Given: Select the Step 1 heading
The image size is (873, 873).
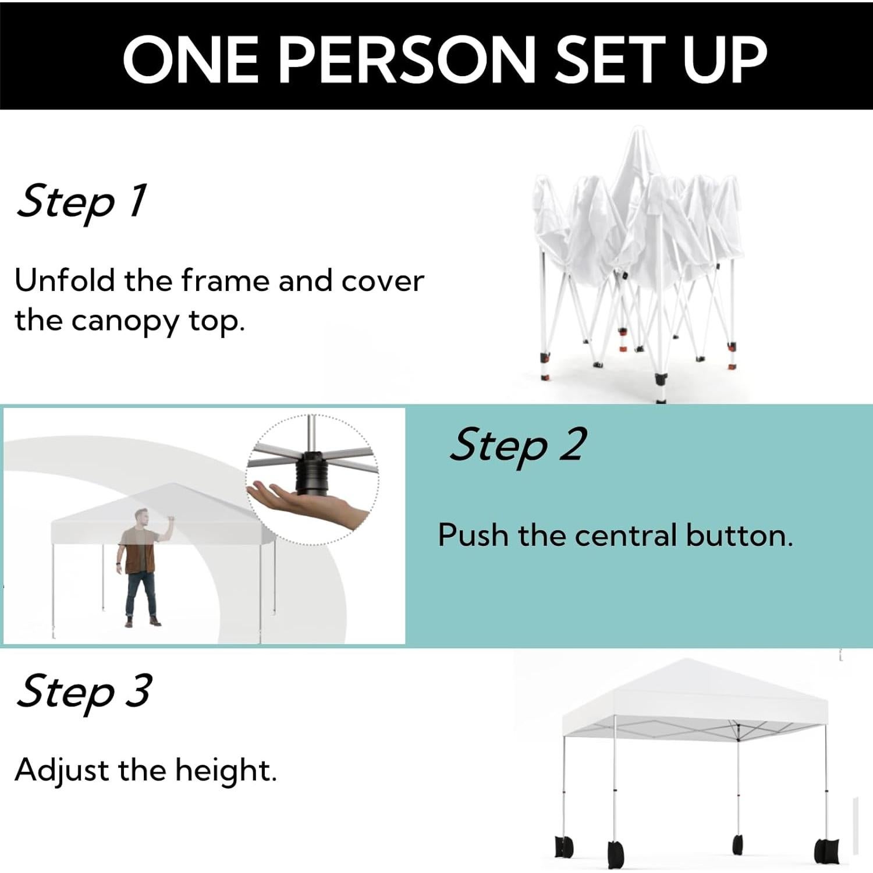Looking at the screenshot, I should (x=81, y=201).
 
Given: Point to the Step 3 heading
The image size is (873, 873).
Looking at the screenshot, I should (x=84, y=691).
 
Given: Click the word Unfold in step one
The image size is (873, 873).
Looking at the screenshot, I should (x=64, y=281).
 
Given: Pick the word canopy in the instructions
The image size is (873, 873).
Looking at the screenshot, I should (x=125, y=321).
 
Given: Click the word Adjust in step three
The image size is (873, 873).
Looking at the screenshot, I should (x=61, y=771).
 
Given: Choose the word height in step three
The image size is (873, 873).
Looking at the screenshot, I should (x=225, y=771).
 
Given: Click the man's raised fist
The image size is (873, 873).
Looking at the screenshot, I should (x=171, y=518).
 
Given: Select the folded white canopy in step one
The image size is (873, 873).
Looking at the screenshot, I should (x=637, y=233).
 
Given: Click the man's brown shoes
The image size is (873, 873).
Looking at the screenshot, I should (x=143, y=622).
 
